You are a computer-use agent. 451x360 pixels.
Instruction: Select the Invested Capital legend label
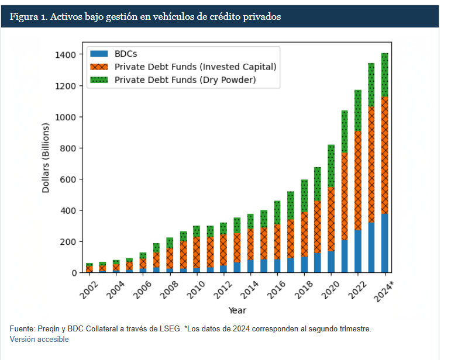click(195, 67)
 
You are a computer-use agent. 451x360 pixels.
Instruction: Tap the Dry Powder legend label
click(185, 79)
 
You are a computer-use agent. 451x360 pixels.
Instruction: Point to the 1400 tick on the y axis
click(64, 55)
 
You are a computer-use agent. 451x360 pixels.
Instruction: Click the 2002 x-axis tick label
click(87, 286)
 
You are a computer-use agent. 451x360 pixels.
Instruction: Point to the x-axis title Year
click(237, 310)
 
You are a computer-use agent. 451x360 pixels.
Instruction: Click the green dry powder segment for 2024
click(385, 75)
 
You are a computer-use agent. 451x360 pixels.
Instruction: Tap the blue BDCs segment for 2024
click(385, 243)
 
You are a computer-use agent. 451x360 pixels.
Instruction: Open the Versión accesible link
click(39, 340)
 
